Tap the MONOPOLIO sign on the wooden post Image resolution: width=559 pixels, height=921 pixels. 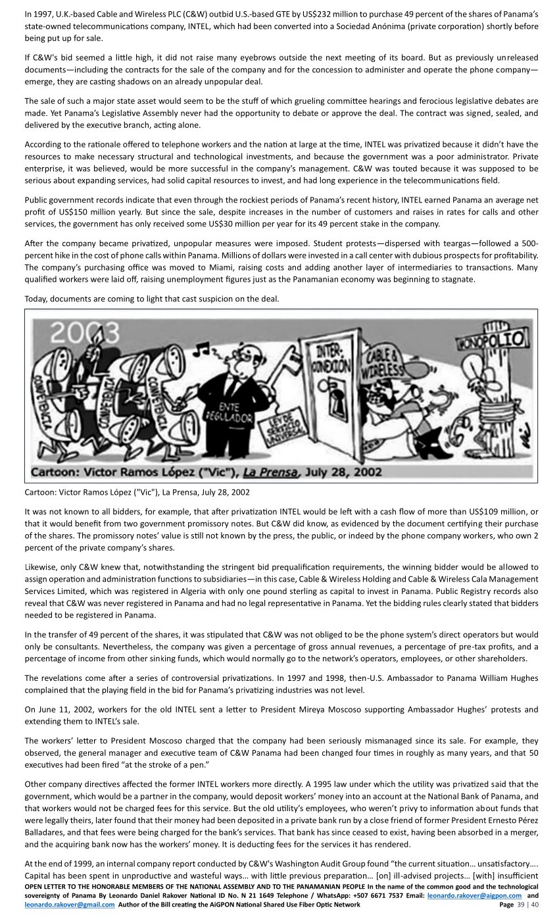pos(491,340)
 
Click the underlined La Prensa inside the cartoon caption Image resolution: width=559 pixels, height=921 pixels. pos(272,472)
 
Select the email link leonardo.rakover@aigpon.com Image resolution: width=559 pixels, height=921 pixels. pos(475,895)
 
